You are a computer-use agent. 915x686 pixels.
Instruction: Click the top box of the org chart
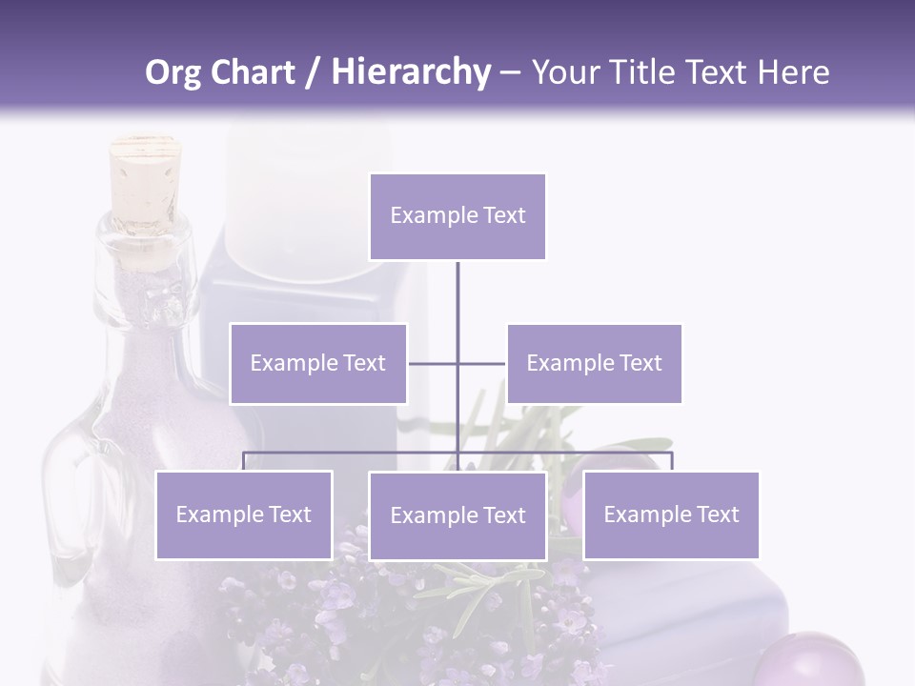point(457,216)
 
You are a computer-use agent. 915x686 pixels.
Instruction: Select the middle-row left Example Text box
point(318,363)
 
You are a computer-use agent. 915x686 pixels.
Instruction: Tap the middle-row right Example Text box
point(594,363)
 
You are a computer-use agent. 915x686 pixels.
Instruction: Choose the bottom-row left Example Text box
point(244,514)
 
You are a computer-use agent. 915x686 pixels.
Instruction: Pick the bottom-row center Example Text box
point(457,515)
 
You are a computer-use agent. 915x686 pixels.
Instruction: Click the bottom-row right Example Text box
point(671,514)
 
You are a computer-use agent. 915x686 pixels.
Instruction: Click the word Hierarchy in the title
point(411,72)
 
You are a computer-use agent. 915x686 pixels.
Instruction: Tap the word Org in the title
point(173,72)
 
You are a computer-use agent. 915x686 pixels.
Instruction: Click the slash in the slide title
point(313,72)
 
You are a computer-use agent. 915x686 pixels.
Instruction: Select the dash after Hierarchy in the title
point(510,72)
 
